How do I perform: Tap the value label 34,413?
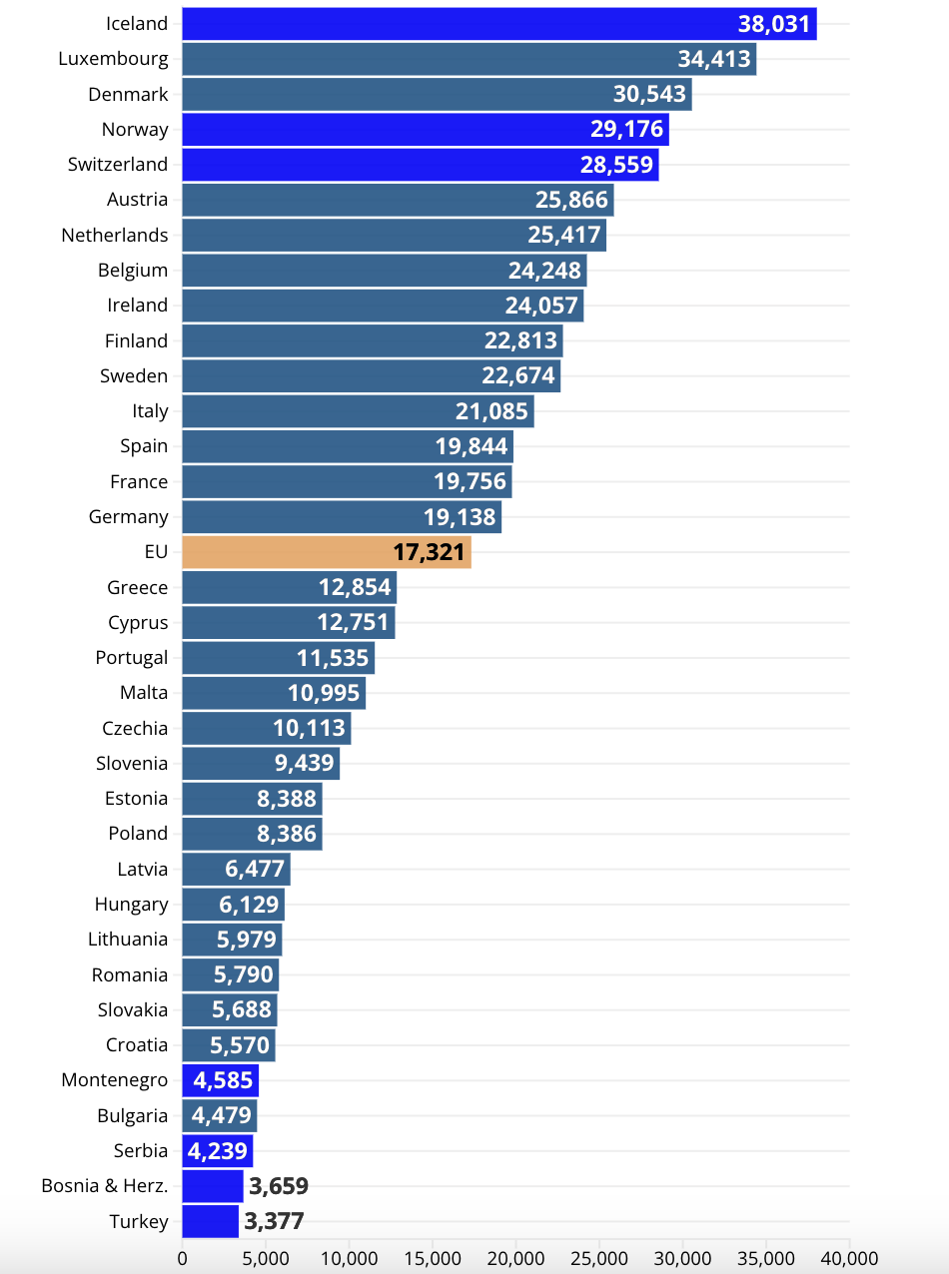click(714, 59)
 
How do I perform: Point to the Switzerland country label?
click(118, 165)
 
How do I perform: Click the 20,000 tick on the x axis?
click(516, 1257)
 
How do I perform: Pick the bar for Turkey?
click(211, 1221)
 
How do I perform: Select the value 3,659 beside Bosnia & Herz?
click(279, 1186)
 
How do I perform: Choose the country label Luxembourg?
click(113, 59)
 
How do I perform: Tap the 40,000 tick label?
click(849, 1257)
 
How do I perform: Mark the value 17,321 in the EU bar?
click(430, 552)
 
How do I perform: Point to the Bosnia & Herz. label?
click(105, 1186)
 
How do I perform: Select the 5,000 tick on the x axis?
click(266, 1257)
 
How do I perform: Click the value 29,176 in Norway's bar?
click(621, 130)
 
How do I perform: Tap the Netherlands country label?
click(115, 236)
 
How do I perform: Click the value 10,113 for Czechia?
click(310, 728)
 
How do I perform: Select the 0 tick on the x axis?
click(182, 1257)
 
